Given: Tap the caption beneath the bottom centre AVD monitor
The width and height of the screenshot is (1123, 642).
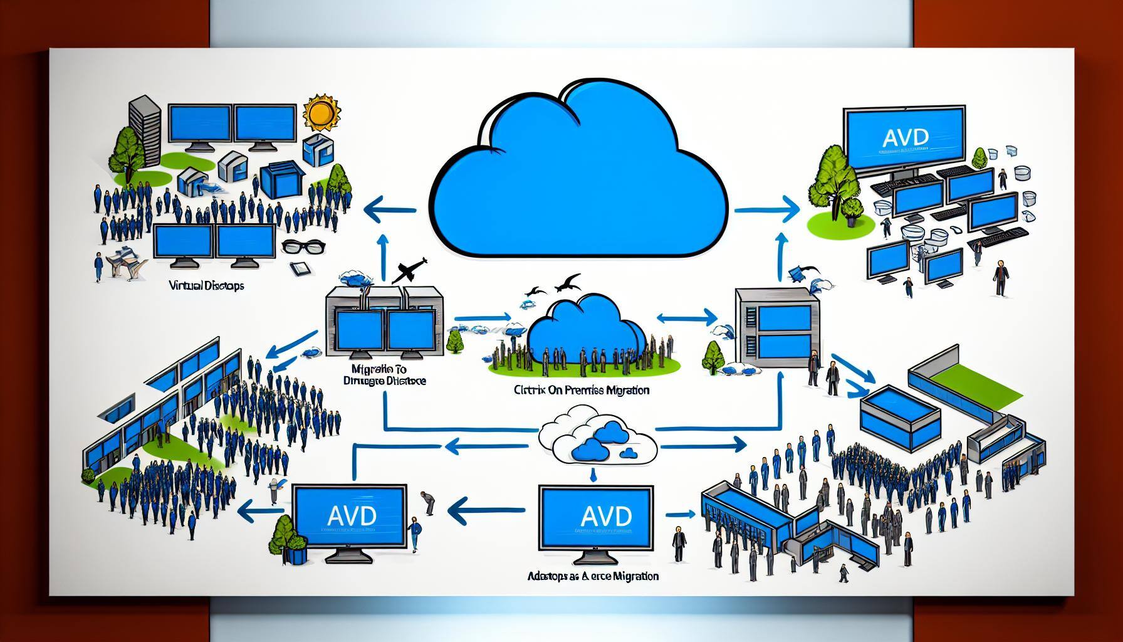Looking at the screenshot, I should click(x=593, y=576).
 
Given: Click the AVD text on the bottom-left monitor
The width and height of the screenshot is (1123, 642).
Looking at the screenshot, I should click(x=352, y=516).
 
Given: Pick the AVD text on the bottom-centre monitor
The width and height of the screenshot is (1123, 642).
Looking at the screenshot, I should click(x=597, y=516).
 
